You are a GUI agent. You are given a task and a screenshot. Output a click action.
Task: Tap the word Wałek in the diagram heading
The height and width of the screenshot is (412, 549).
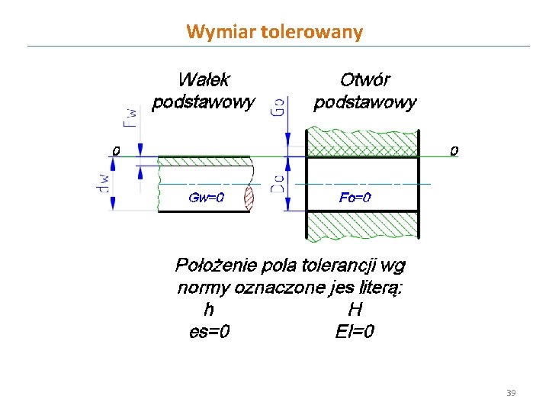point(203,79)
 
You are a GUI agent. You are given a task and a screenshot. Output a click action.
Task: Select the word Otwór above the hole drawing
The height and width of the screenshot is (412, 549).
point(365,79)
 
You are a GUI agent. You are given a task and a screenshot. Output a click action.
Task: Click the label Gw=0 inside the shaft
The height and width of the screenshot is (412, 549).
point(206,198)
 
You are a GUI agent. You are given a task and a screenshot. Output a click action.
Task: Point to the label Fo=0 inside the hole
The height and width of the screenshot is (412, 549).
point(355,198)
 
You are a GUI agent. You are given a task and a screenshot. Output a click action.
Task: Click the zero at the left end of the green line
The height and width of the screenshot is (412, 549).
point(116,151)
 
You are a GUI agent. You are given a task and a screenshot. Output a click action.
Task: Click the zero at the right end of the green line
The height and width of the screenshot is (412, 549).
point(454,151)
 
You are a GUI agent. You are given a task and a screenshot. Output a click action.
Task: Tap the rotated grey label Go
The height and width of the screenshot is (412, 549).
point(279,106)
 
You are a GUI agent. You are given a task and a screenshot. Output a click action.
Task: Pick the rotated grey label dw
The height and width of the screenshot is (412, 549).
point(104,184)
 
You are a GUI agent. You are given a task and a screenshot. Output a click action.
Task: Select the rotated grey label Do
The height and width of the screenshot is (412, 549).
point(279,184)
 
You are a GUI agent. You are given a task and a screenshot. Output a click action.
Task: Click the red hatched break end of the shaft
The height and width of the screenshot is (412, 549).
point(249,199)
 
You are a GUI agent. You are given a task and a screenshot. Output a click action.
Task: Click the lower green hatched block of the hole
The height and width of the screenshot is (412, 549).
point(362,226)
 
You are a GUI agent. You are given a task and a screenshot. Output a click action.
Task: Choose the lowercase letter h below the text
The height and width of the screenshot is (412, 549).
point(208,310)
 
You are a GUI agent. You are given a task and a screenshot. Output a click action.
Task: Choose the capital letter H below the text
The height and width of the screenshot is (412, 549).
point(355,310)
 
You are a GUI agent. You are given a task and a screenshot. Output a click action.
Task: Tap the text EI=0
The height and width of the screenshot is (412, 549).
point(355,332)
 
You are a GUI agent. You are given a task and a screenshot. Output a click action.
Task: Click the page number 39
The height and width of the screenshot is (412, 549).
point(511,393)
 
